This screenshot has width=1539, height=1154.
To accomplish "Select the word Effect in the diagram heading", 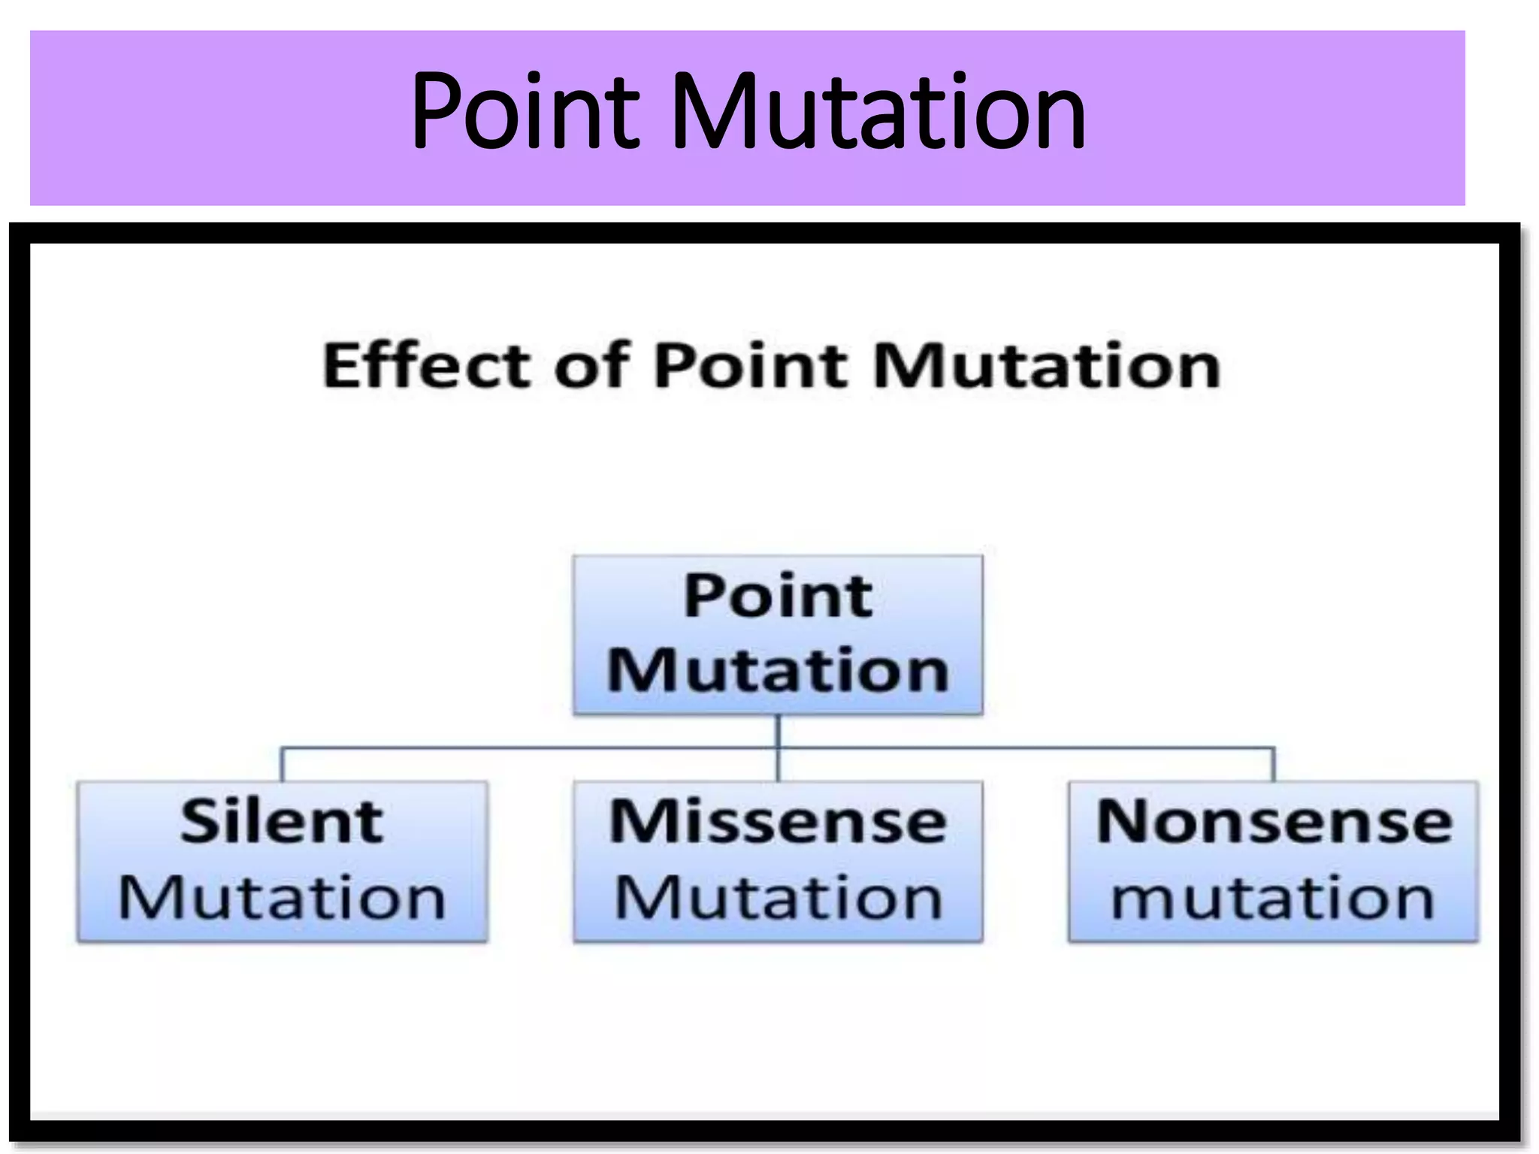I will [425, 366].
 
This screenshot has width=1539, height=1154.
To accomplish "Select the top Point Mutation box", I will [778, 635].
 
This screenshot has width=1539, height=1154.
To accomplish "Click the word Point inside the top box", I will [778, 596].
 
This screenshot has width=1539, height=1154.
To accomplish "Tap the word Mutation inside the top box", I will [778, 670].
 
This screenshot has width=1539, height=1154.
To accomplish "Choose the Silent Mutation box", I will [283, 861].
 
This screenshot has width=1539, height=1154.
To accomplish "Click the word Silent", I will [283, 822].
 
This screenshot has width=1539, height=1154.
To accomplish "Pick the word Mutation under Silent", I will [283, 897].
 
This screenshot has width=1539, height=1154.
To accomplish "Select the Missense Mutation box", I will [778, 861].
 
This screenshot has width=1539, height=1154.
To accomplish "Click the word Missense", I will [778, 822].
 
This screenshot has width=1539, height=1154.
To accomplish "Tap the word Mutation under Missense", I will [778, 897].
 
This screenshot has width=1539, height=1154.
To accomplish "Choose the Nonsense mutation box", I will [1273, 861].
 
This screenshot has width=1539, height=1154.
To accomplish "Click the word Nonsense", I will [1273, 822].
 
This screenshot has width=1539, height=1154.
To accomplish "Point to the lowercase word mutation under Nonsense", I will [1273, 897].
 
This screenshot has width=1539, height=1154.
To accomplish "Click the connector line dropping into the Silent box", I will [282, 765].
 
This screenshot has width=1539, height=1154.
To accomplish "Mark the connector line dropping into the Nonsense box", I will [1274, 765].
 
